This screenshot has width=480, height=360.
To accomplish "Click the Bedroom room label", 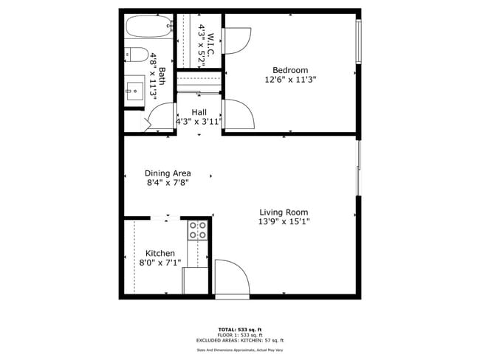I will point(290,70).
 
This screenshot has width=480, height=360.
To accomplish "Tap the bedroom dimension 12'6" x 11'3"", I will point(290,80).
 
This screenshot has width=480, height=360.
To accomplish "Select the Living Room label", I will point(283,212).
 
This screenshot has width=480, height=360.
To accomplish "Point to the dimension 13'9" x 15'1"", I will point(283,221).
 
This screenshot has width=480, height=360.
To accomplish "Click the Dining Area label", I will point(168,173).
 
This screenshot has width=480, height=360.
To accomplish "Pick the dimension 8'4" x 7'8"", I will point(168,183).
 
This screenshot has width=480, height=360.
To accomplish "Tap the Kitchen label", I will point(160,253).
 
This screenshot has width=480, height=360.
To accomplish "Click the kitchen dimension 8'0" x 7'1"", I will point(160,263).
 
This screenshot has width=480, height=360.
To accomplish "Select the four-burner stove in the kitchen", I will point(197,230).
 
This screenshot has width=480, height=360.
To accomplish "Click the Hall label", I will point(199,112).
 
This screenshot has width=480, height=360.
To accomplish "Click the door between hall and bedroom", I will point(239,114).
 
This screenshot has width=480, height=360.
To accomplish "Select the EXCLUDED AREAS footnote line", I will point(239,340).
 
